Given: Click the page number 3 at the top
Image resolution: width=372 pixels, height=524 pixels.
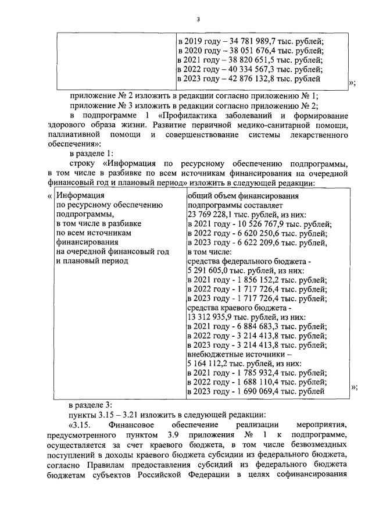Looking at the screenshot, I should click(x=198, y=20).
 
